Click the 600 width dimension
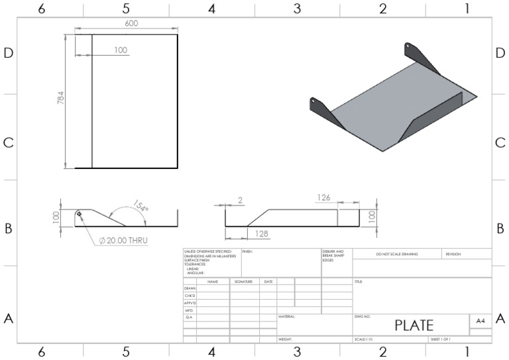click(x=131, y=24)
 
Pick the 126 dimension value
click(x=323, y=197)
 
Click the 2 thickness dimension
click(x=239, y=200)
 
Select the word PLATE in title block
click(x=414, y=325)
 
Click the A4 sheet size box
click(x=480, y=320)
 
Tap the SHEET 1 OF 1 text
click(x=441, y=339)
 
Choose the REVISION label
click(x=453, y=254)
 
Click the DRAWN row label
click(x=190, y=288)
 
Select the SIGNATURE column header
click(x=243, y=282)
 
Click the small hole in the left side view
click(x=80, y=213)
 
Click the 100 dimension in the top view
click(x=120, y=50)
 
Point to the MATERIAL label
click(x=286, y=317)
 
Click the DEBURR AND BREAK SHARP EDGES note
click(x=333, y=256)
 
